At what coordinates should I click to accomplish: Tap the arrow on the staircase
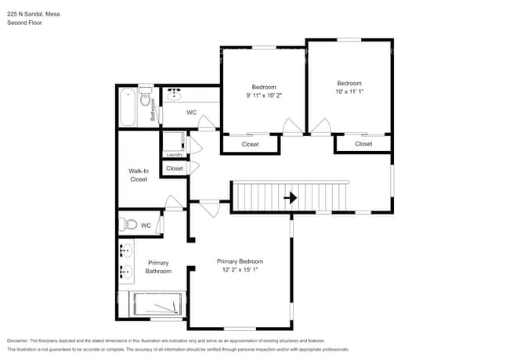pos(290,198)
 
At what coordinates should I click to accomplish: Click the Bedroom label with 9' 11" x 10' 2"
pos(263,91)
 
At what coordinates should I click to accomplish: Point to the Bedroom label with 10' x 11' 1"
pos(349,88)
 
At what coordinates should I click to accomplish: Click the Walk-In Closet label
pos(139,175)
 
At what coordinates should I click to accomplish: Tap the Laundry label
pos(174,154)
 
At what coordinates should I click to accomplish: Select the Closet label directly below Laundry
pos(174,168)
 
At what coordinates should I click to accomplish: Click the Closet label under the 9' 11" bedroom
pos(250,145)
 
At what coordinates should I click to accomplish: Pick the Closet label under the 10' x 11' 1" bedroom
pos(363,144)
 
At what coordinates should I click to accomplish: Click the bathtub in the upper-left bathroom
pos(128,108)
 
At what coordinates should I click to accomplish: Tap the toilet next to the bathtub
pos(144,98)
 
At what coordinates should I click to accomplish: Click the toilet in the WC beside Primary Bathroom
pos(130,225)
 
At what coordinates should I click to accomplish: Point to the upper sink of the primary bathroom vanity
pos(125,251)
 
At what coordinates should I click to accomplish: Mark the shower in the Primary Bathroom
pos(158,304)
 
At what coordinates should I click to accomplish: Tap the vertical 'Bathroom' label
pos(153,112)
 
